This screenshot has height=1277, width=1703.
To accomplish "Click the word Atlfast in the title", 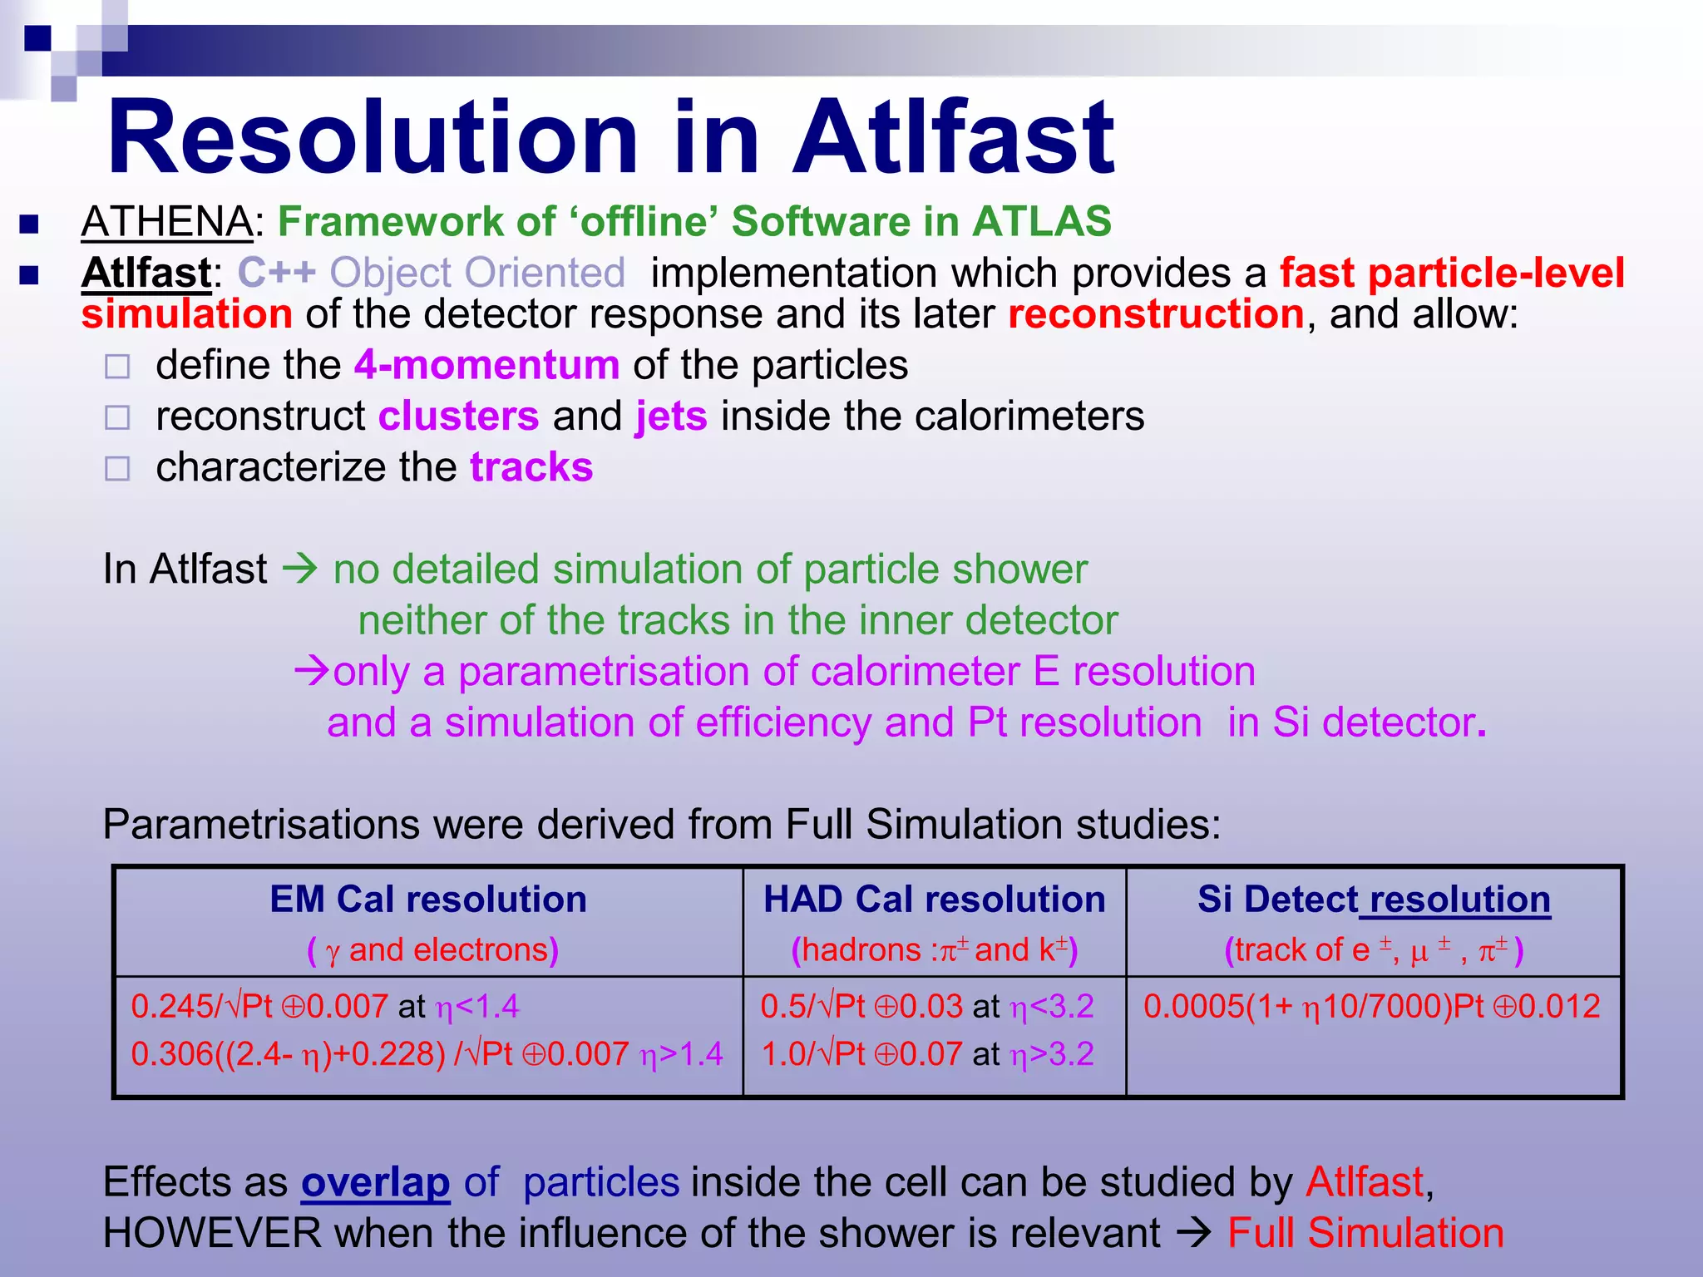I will [953, 137].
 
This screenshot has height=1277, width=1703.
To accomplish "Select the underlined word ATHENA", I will [167, 222].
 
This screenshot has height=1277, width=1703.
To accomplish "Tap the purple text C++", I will [277, 273].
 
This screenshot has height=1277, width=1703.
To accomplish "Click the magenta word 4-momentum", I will [486, 365].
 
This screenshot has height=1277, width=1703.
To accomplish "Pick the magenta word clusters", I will [458, 416].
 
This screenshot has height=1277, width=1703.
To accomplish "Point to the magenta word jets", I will [671, 416].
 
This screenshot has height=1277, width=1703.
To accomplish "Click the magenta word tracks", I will [531, 467].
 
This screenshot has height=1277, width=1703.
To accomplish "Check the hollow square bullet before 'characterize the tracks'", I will [118, 469].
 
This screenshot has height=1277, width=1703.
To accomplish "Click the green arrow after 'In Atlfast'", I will [300, 569].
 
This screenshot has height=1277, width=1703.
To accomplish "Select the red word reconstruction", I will [1156, 314].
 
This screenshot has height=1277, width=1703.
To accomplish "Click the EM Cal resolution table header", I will [428, 900].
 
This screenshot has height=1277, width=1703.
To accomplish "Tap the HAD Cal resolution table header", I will [934, 900].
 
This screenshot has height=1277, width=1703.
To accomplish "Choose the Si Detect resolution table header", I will [1374, 900].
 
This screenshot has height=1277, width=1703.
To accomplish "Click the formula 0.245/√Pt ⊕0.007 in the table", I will [259, 1007].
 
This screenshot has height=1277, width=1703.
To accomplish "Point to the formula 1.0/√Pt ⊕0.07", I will [861, 1054].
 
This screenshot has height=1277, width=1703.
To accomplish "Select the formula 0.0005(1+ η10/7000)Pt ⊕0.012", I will [1371, 1007].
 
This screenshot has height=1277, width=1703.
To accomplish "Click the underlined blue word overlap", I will [375, 1182].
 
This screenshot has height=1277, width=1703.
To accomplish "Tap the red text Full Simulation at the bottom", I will [1365, 1233].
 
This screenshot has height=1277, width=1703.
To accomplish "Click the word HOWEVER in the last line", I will [212, 1233].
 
